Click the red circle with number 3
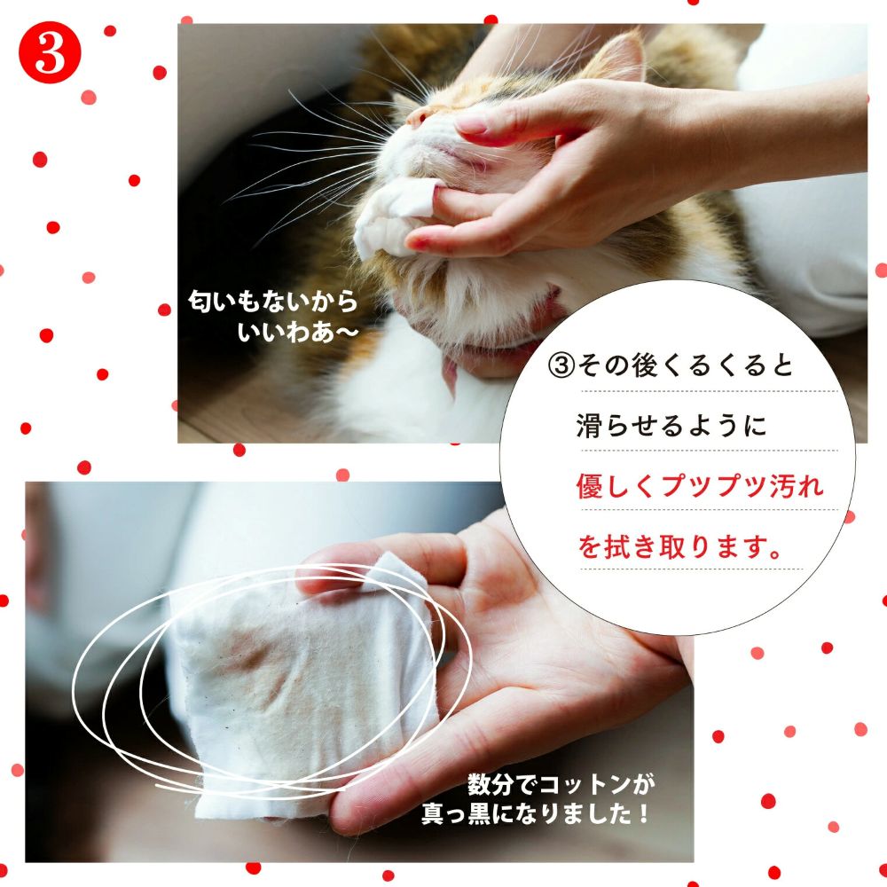click(50, 52)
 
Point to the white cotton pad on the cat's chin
click(395, 214)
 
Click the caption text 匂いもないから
click(272, 301)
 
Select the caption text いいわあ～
click(297, 332)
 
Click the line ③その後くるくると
click(671, 365)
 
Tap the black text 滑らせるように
click(671, 426)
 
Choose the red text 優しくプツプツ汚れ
click(700, 486)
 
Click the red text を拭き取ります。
click(680, 546)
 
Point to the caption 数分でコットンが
click(561, 785)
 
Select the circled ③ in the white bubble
click(561, 365)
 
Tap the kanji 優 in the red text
click(590, 486)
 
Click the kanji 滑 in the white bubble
click(590, 426)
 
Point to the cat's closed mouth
click(452, 153)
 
